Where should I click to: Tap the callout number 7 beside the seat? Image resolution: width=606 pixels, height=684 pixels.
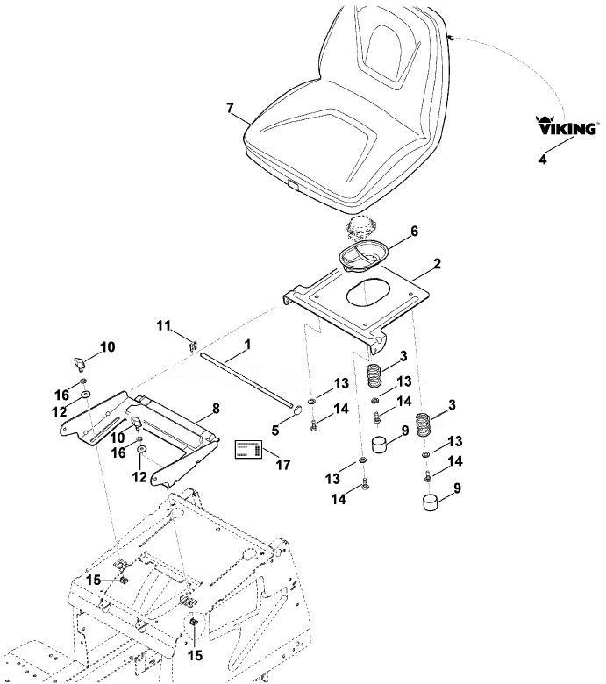pyautogui.click(x=231, y=108)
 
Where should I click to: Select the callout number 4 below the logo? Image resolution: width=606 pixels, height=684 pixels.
pyautogui.click(x=542, y=160)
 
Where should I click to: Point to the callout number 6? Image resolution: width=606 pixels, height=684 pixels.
pyautogui.click(x=414, y=231)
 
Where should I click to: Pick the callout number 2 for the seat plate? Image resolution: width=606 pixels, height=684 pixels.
pyautogui.click(x=437, y=263)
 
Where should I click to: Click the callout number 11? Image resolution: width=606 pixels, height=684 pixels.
pyautogui.click(x=164, y=325)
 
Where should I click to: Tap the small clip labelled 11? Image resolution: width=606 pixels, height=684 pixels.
pyautogui.click(x=192, y=346)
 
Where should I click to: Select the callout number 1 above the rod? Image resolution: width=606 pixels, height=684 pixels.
pyautogui.click(x=247, y=345)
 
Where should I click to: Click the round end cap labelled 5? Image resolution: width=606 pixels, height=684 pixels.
pyautogui.click(x=297, y=410)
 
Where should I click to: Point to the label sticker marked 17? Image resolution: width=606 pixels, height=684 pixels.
pyautogui.click(x=249, y=449)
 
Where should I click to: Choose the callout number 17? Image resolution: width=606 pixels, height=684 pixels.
pyautogui.click(x=282, y=465)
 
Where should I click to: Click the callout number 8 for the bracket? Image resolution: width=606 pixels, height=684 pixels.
pyautogui.click(x=216, y=409)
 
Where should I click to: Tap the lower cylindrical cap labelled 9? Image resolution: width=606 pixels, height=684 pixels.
pyautogui.click(x=431, y=502)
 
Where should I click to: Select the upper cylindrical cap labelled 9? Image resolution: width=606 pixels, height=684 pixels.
pyautogui.click(x=379, y=444)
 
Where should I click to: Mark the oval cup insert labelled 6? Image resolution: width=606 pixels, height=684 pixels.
pyautogui.click(x=363, y=256)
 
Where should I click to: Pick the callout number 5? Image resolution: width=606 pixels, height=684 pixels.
pyautogui.click(x=274, y=430)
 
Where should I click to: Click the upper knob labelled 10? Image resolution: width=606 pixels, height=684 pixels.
pyautogui.click(x=79, y=363)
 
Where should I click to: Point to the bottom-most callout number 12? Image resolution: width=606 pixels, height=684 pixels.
pyautogui.click(x=139, y=477)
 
